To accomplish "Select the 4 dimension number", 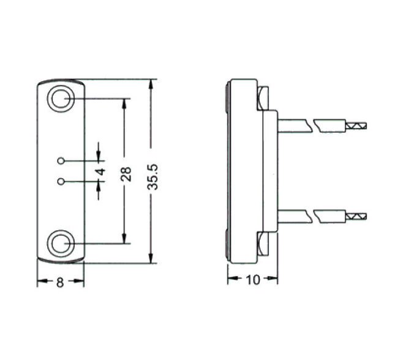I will pos(102,171).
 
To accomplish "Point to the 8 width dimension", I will pos(60,282).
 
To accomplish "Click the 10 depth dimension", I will pos(252,280).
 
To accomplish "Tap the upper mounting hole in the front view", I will pos(60,99).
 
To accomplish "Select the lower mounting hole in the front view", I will pos(60,244).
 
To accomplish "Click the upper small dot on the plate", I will pos(61,161).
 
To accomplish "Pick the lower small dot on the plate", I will pos(61,181).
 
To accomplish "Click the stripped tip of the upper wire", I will pos(358,126).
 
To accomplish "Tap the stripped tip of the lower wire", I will pos(358,216).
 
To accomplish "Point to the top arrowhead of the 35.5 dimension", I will pos(151,84).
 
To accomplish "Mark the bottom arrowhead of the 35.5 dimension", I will pos(151,260).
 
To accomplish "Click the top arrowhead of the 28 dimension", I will pos(126,103).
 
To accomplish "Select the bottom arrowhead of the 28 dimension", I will pos(126,239).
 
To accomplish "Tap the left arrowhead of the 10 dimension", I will pos(232,280).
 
